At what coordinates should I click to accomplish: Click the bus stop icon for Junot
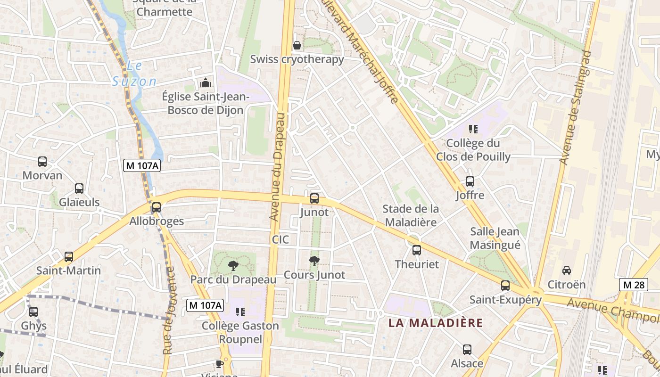(314, 198)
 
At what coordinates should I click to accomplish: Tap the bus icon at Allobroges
(157, 207)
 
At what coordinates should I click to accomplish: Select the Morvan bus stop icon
(42, 162)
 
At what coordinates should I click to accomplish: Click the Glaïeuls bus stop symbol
(79, 188)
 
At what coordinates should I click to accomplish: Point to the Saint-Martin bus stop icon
(69, 257)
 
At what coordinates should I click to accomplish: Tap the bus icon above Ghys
(33, 312)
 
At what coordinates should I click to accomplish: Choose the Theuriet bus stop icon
(417, 250)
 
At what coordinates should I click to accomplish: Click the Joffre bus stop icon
(470, 181)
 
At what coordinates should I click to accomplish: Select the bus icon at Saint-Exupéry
(505, 286)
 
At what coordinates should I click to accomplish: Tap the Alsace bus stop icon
(467, 350)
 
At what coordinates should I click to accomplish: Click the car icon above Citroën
(567, 270)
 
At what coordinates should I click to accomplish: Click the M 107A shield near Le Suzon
(141, 165)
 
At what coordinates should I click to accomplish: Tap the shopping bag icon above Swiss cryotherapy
(297, 46)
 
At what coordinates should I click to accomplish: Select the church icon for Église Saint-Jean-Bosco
(205, 83)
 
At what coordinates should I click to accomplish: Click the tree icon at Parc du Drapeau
(233, 266)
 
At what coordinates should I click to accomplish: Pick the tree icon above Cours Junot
(314, 261)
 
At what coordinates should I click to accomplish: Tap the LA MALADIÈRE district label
(436, 323)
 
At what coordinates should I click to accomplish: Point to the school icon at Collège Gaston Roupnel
(240, 312)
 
